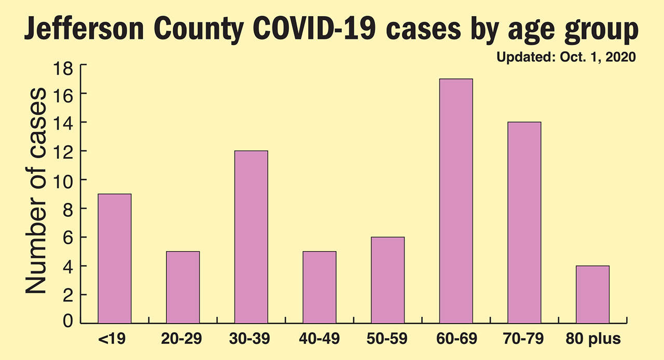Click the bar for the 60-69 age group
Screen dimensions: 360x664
[456, 201]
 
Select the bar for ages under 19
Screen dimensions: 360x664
[115, 258]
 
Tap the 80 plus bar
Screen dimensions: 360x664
[592, 294]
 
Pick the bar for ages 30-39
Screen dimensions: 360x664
[251, 237]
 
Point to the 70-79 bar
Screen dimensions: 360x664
[524, 223]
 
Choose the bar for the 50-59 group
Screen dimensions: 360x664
[388, 280]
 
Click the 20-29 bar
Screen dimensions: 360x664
[183, 287]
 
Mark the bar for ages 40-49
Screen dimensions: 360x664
[320, 287]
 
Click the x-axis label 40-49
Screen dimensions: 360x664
[320, 340]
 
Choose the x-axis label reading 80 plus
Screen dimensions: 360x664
[592, 340]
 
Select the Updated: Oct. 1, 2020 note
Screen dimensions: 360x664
[566, 58]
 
